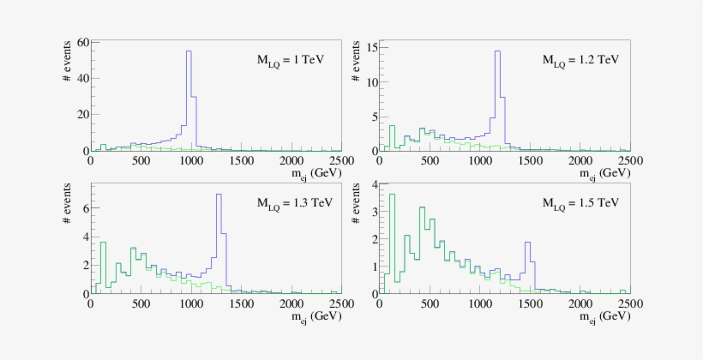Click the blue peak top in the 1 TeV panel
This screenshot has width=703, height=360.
point(189,51)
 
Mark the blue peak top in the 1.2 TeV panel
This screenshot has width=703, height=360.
point(497,51)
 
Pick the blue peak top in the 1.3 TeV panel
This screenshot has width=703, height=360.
point(219,195)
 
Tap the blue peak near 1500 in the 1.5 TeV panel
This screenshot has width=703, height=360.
point(527,243)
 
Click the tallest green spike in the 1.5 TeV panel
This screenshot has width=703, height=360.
point(392,195)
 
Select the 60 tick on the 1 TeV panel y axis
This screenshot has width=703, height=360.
point(82,42)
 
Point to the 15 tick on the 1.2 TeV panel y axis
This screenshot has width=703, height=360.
point(370,47)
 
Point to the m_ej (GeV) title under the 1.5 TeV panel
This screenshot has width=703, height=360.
point(601,315)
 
